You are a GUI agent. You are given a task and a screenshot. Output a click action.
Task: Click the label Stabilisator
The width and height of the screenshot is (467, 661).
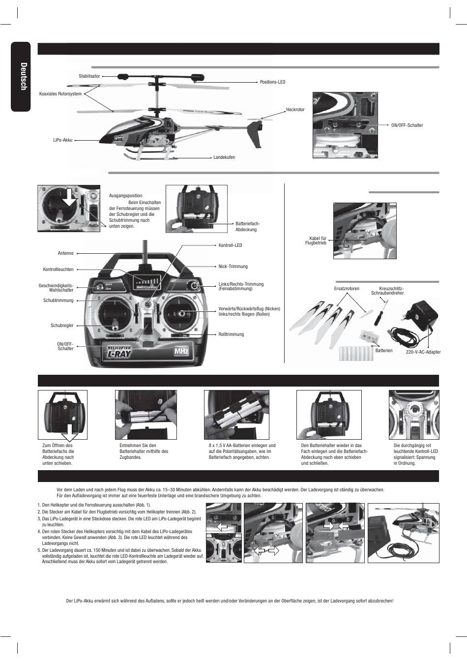[x=89, y=76]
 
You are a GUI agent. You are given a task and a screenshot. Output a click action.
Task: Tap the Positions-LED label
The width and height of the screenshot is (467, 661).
[x=273, y=82]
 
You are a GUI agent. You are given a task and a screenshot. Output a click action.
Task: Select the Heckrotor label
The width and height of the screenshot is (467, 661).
[x=295, y=110]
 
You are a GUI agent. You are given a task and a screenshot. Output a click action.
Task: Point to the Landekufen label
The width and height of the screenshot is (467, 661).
[x=224, y=157]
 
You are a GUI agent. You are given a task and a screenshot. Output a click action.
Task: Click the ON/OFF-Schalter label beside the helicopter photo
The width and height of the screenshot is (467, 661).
[x=407, y=125]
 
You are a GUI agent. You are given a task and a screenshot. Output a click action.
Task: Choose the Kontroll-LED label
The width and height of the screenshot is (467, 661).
[x=230, y=245]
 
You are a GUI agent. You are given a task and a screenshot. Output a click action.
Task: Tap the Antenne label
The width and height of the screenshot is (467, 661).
[x=65, y=253]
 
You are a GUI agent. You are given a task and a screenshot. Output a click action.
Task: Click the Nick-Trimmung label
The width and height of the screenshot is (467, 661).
[x=233, y=267]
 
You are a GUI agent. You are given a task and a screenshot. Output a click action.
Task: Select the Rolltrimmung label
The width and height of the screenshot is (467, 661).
[x=231, y=334]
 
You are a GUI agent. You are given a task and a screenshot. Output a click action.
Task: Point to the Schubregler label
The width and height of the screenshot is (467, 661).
[x=62, y=326]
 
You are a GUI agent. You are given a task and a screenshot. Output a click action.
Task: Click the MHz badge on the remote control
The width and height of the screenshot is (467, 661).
[x=180, y=352]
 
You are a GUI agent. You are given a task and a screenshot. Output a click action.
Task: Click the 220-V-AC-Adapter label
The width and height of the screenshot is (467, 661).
[x=423, y=352]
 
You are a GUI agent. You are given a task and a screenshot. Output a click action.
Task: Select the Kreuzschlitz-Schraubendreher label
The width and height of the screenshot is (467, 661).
[x=387, y=291]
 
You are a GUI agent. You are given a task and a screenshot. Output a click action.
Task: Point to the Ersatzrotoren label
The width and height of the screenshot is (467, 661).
[x=347, y=289]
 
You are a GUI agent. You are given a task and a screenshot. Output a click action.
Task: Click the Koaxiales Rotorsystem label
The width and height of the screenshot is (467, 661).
[x=60, y=93]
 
